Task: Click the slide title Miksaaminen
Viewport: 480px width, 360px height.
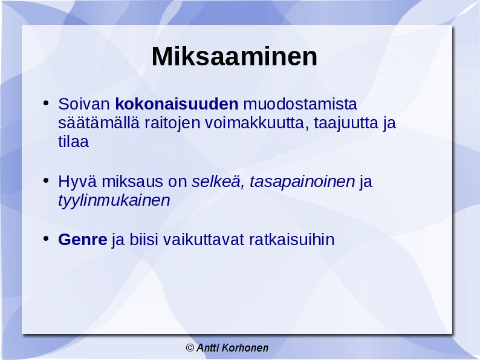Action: [x=235, y=57]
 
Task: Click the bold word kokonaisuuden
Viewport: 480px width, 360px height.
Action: [x=177, y=104]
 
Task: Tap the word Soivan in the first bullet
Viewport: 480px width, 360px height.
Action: [x=84, y=104]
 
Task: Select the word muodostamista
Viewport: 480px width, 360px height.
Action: [x=300, y=104]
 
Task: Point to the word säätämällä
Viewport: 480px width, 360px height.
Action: [x=99, y=123]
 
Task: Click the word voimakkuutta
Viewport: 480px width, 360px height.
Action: [x=256, y=123]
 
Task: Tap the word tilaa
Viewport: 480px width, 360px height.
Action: [x=74, y=142]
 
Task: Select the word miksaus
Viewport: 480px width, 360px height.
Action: [x=132, y=182]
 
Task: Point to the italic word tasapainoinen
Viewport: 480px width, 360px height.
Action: [x=302, y=182]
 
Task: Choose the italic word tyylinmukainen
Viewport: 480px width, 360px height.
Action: [x=114, y=201]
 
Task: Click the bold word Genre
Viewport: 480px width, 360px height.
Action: [x=83, y=240]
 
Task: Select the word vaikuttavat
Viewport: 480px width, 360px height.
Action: [x=204, y=240]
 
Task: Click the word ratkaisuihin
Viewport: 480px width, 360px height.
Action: [x=292, y=240]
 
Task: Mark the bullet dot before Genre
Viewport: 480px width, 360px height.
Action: [x=46, y=238]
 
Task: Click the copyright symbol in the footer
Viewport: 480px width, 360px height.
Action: [x=190, y=348]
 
